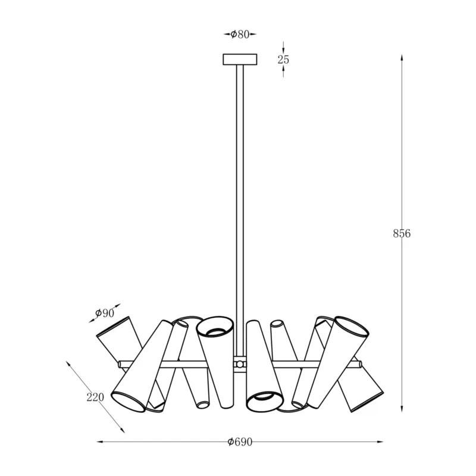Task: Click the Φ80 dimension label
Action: click(240, 35)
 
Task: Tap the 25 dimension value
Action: click(283, 59)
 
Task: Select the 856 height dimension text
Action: click(402, 233)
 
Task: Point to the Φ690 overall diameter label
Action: click(240, 442)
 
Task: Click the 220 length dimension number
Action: click(95, 397)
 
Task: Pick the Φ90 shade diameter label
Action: click(105, 313)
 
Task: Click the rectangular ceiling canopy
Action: click(240, 59)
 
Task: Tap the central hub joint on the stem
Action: click(240, 364)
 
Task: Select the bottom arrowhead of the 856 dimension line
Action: click(402, 408)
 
